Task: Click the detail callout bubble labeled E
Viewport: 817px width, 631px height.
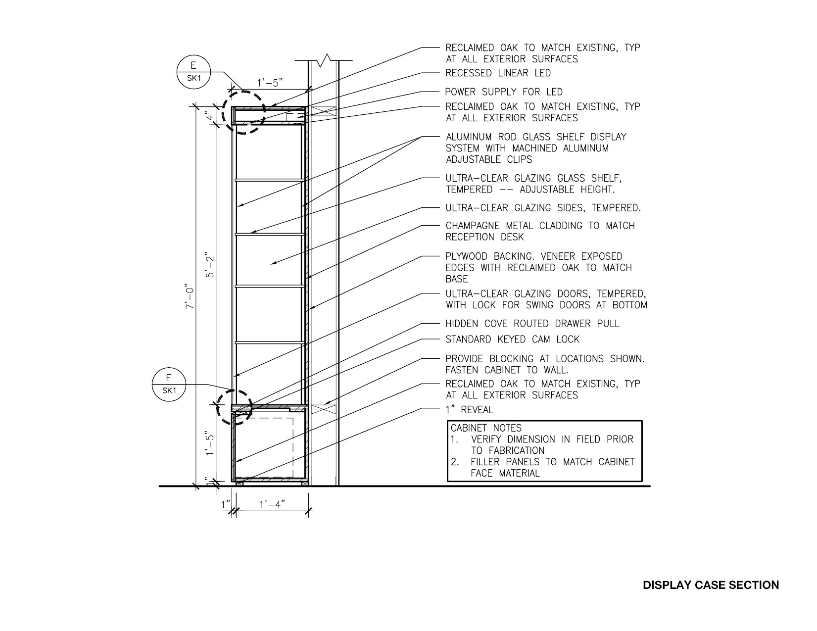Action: pos(193,72)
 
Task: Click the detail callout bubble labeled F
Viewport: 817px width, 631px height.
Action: pos(169,384)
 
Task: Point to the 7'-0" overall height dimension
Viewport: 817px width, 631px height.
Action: pos(188,297)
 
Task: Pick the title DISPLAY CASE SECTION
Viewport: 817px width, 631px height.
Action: pos(711,585)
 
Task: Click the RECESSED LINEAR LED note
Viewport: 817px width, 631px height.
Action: pos(498,73)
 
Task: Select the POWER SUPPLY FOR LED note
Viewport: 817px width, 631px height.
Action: pos(504,92)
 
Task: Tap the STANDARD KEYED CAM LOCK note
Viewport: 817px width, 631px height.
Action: pos(512,340)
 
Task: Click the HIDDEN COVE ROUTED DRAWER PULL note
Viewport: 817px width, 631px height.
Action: pos(532,324)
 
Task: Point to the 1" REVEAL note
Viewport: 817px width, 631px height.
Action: pos(469,410)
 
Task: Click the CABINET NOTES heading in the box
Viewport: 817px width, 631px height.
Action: pos(485,428)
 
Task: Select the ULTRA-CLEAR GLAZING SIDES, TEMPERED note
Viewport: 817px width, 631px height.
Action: pos(543,208)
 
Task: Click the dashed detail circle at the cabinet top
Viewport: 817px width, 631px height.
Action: pos(243,111)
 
